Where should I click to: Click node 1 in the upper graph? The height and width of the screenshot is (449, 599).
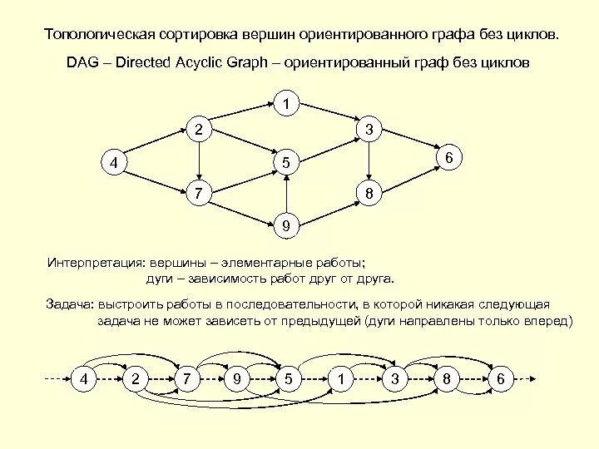tap(286, 103)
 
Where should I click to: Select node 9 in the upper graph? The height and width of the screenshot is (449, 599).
tap(286, 224)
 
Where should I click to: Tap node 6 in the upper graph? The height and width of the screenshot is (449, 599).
tap(448, 157)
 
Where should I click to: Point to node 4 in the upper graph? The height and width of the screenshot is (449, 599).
tap(113, 162)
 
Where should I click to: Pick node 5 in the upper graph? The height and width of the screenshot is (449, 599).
tap(286, 163)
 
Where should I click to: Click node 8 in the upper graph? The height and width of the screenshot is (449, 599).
tap(369, 195)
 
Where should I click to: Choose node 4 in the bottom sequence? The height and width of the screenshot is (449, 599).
tap(83, 379)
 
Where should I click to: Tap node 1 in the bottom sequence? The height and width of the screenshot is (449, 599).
tap(341, 379)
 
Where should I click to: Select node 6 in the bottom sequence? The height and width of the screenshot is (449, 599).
tap(500, 379)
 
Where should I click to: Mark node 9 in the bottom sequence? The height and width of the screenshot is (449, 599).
tap(238, 379)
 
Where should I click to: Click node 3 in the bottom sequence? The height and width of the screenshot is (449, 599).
tap(395, 379)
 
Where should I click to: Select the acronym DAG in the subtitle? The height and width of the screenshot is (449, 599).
tap(84, 63)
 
